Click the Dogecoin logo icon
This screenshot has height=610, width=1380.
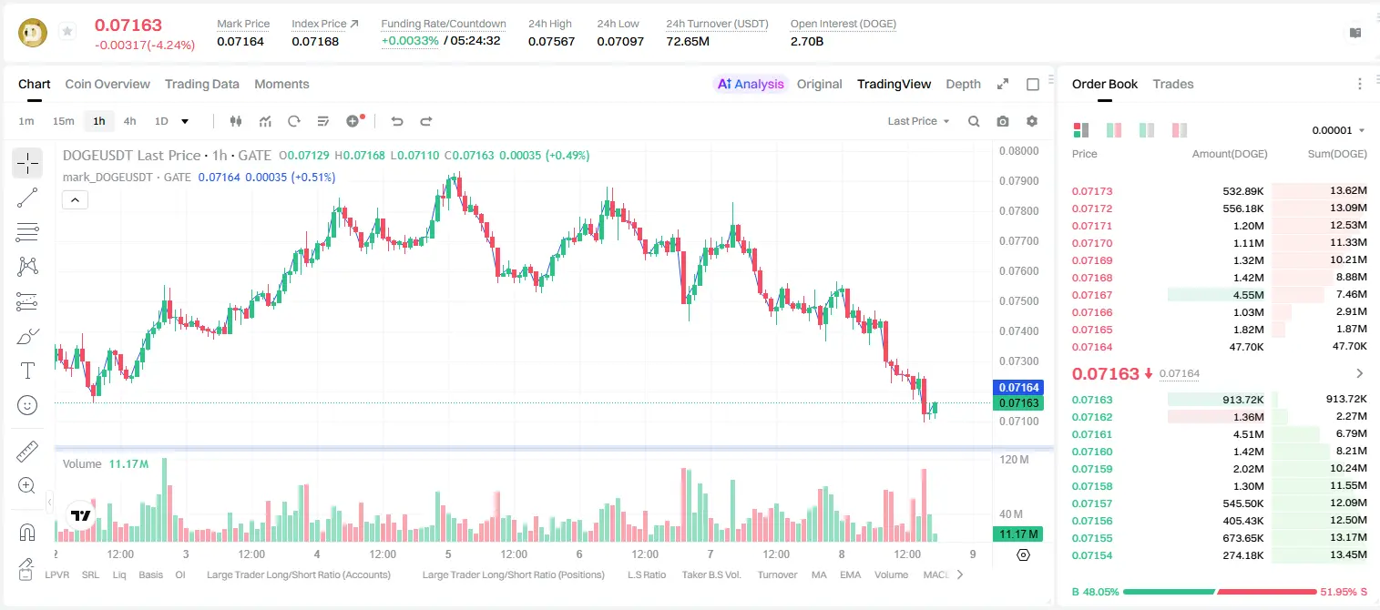tap(33, 33)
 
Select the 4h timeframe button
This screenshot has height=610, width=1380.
tap(129, 121)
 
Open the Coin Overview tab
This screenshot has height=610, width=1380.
tap(107, 84)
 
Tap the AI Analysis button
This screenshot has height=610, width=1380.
tap(751, 84)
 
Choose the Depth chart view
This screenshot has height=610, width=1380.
tap(963, 84)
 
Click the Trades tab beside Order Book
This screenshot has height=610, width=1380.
tap(1172, 84)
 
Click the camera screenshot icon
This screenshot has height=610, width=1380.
tap(1002, 121)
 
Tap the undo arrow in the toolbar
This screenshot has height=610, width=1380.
tap(397, 121)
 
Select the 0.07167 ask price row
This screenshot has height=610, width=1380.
tap(1091, 295)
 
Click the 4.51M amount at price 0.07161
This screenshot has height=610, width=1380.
tap(1248, 434)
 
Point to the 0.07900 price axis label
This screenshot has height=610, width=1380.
tap(1018, 181)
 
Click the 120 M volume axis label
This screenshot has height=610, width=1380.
tap(1014, 459)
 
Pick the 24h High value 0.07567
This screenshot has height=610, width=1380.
tap(551, 41)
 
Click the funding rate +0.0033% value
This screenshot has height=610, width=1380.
tap(410, 41)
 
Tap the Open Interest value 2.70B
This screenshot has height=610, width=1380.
tap(806, 41)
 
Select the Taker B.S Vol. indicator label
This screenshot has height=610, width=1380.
tap(710, 574)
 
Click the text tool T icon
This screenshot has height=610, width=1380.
tap(27, 371)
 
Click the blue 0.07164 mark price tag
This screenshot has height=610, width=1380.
tap(1017, 387)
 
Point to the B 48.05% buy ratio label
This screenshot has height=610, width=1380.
tap(1095, 592)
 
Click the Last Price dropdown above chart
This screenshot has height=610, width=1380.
tap(918, 121)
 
